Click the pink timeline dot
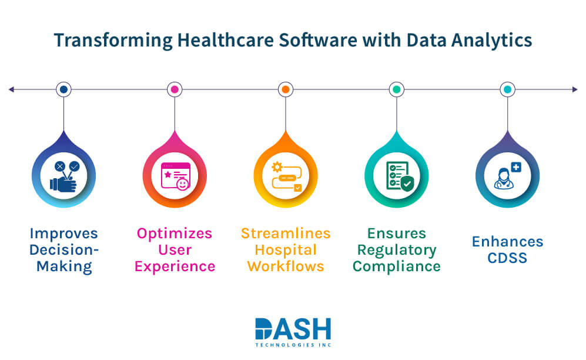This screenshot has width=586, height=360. (174, 89)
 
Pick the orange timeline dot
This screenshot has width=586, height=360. (286, 89)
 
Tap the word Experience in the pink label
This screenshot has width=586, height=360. (175, 266)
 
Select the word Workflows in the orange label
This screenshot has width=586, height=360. (286, 266)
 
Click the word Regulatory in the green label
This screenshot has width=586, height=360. (397, 249)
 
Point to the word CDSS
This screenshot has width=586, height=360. (507, 258)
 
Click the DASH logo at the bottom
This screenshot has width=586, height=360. (293, 329)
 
